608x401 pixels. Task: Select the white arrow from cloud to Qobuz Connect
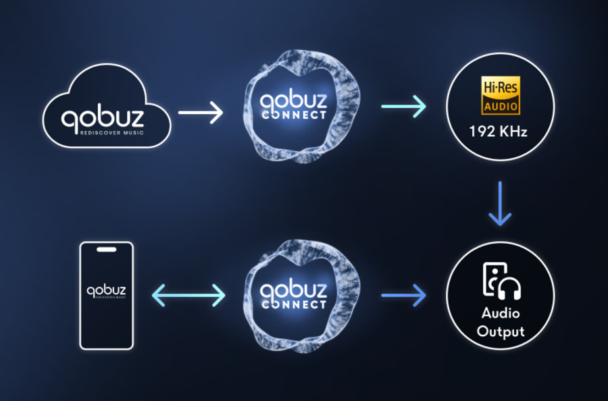coord(200,112)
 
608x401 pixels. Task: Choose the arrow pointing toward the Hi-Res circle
coord(403,106)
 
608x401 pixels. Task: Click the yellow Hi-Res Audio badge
coord(500,95)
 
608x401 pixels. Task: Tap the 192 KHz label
coord(500,132)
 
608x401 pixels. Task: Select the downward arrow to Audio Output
coord(500,203)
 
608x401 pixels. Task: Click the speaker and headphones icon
coord(501,282)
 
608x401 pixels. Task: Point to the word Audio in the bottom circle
coord(500,314)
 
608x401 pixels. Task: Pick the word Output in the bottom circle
coord(500,331)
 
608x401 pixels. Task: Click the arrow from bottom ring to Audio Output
coord(403,295)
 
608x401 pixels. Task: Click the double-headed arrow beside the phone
coord(188,295)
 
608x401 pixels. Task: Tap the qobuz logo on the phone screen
coord(107,292)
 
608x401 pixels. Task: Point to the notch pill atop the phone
coord(107,249)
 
